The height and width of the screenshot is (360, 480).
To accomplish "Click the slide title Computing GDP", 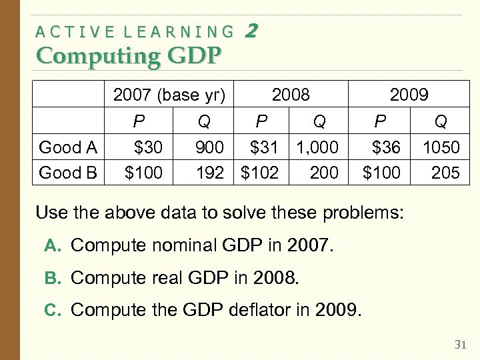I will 128,55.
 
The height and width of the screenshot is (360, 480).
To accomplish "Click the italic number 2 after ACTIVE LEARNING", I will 251,30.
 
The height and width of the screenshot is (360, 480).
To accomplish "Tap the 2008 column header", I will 291,95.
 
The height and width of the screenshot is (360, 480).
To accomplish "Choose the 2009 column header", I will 409,95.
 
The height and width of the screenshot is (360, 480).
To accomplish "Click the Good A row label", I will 69,147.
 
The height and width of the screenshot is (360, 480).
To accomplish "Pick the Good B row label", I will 69,173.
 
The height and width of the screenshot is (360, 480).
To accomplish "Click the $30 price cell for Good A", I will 148,147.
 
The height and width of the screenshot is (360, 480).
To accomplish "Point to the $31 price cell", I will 263,147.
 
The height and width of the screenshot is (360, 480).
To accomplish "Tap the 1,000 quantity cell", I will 317,147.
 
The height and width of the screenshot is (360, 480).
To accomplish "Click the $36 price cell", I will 385,147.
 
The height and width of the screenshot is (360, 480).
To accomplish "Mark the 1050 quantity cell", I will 441,147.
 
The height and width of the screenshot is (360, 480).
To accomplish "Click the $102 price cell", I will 259,173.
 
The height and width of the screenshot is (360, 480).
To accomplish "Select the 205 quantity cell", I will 445,173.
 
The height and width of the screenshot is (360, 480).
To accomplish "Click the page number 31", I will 459,345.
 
